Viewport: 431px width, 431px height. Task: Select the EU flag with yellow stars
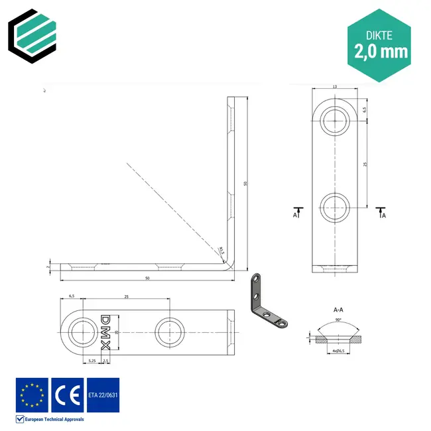[32, 395]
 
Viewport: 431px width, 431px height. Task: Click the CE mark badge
[67, 395]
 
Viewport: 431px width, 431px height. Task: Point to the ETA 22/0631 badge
[103, 395]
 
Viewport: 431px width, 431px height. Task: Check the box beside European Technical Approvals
[19, 419]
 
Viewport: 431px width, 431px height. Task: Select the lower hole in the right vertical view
[336, 208]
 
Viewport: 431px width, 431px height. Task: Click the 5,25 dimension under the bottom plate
[92, 360]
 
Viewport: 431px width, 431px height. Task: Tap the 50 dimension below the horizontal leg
[147, 278]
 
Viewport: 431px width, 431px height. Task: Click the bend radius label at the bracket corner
[221, 250]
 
